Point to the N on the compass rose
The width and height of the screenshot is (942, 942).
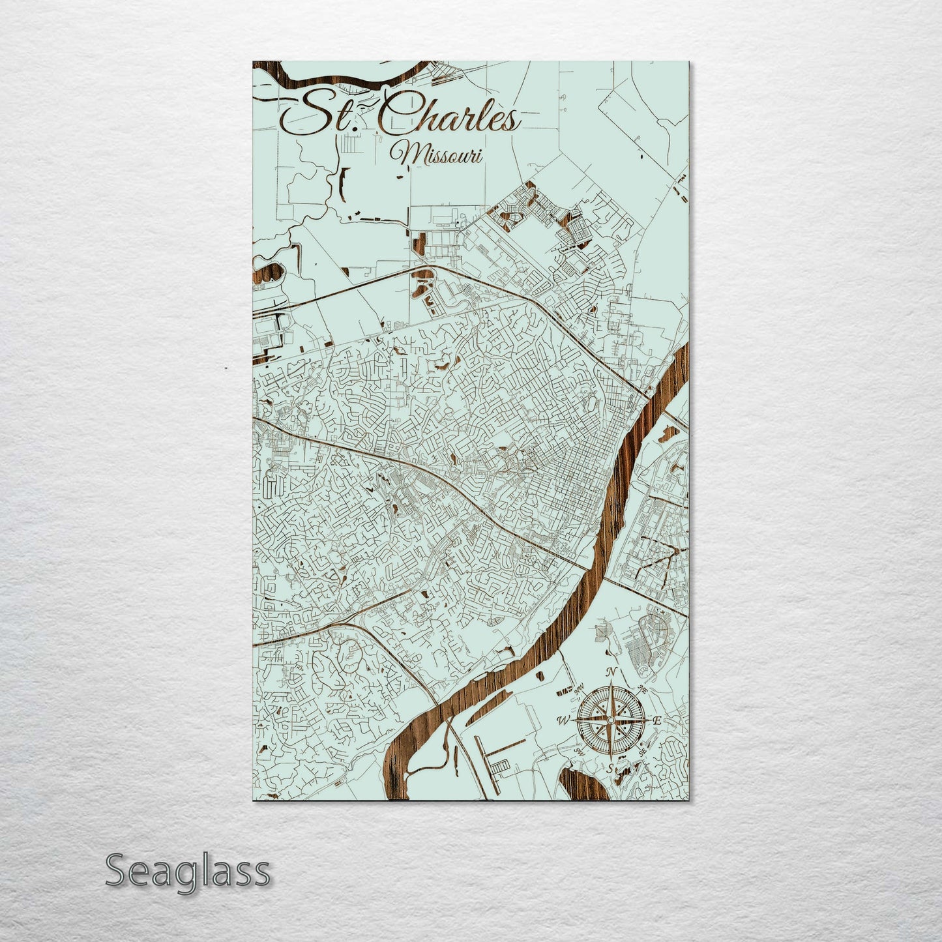[611, 673]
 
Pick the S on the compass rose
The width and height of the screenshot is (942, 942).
[610, 769]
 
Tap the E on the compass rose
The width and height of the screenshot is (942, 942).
[657, 720]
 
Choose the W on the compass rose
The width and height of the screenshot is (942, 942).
[561, 720]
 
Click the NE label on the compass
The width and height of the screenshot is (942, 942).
[643, 689]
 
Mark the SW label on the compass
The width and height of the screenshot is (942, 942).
[578, 752]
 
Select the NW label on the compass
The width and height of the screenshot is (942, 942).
[578, 689]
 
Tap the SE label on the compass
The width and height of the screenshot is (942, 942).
[643, 752]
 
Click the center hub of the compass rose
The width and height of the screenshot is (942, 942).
[611, 720]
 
